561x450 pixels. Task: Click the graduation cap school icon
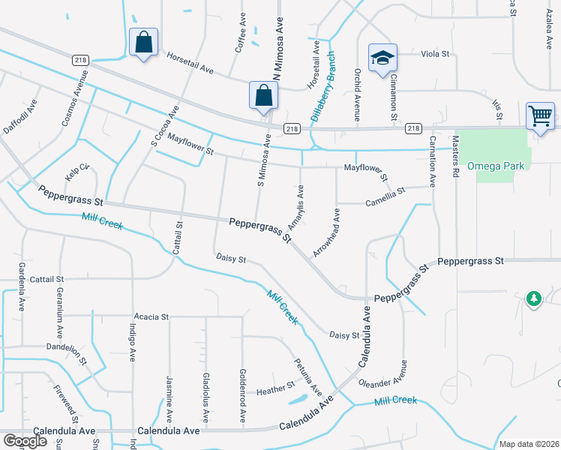(x=382, y=57)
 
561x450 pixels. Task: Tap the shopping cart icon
(x=540, y=115)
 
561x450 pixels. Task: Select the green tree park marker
(x=533, y=298)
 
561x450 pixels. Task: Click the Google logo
(x=25, y=440)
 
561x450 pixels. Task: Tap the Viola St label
(x=434, y=54)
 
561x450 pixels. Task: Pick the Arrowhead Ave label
(x=326, y=234)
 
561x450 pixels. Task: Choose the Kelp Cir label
(x=77, y=172)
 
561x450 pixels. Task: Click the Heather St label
(x=275, y=389)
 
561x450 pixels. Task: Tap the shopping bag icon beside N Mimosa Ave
(x=263, y=95)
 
